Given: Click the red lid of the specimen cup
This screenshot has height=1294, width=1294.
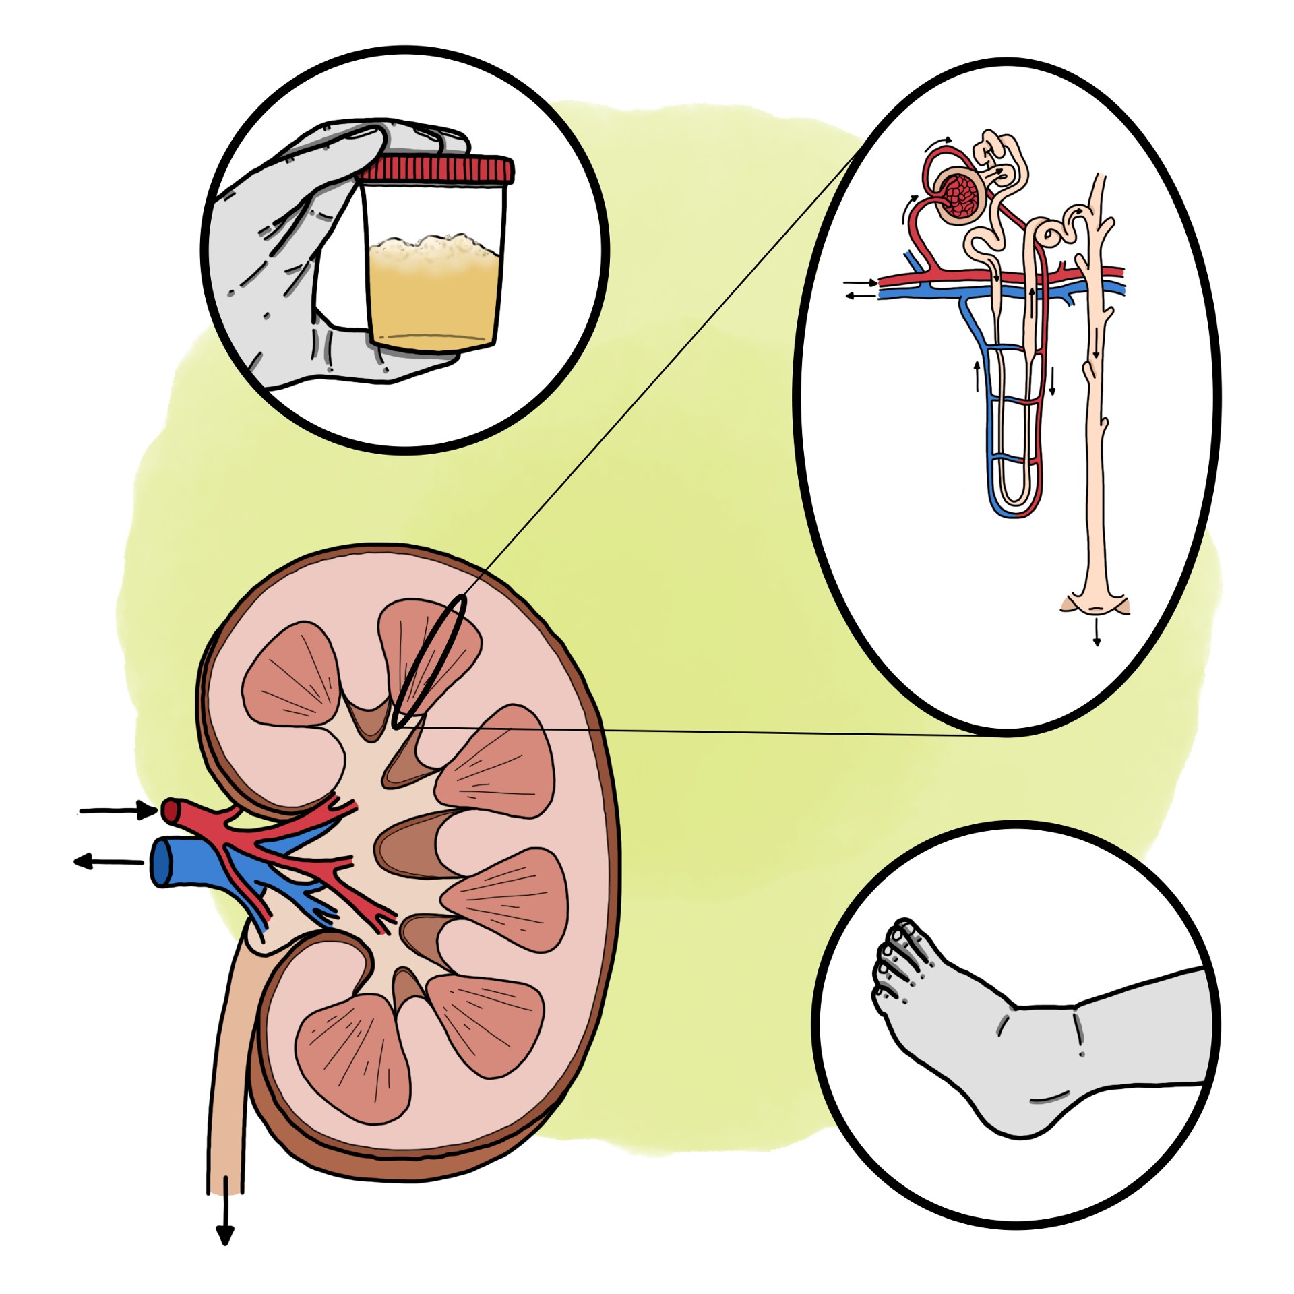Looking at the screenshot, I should click(437, 168).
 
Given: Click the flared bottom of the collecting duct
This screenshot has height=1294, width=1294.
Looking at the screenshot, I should click(1095, 603).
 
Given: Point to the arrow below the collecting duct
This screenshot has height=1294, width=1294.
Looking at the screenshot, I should click(1097, 634).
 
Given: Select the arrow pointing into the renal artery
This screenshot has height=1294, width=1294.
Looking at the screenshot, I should click(118, 810).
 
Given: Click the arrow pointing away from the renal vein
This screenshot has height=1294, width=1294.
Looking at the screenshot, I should click(108, 862).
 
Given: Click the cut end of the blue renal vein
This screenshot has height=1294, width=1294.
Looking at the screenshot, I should click(160, 863).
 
